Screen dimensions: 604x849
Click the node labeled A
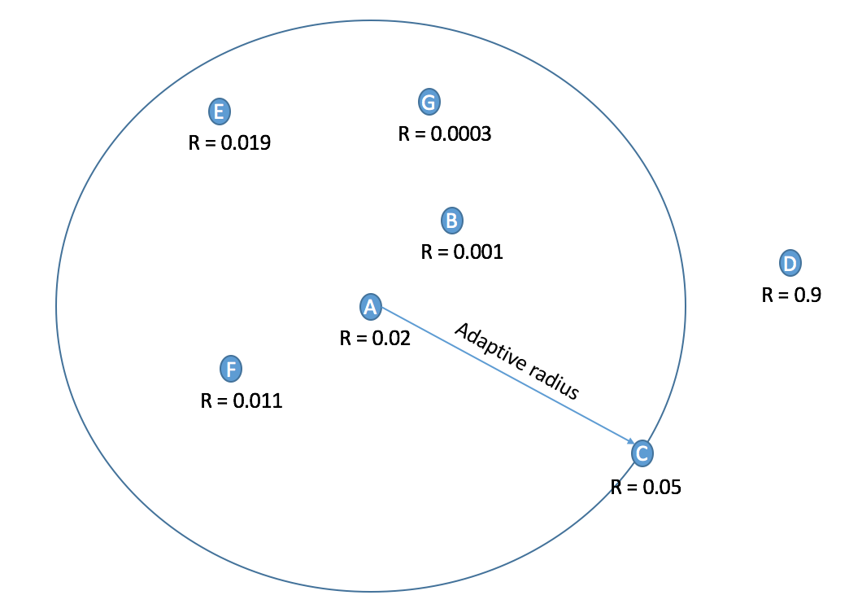370,306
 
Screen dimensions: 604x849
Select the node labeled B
452,220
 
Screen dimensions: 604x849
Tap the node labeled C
641,453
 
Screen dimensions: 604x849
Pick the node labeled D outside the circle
790,262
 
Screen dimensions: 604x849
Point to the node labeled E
219,111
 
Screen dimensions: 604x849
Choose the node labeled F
232,370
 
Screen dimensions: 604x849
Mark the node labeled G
429,102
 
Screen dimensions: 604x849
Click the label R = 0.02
375,337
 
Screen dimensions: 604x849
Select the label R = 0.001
462,252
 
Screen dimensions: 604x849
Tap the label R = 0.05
646,488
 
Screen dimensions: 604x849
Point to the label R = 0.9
791,295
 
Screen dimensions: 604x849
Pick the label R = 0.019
229,143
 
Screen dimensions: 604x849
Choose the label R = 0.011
242,400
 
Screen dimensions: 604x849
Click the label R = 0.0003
444,134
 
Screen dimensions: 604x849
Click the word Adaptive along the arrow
486,347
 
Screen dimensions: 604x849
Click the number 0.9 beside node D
808,295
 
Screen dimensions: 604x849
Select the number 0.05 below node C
662,488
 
